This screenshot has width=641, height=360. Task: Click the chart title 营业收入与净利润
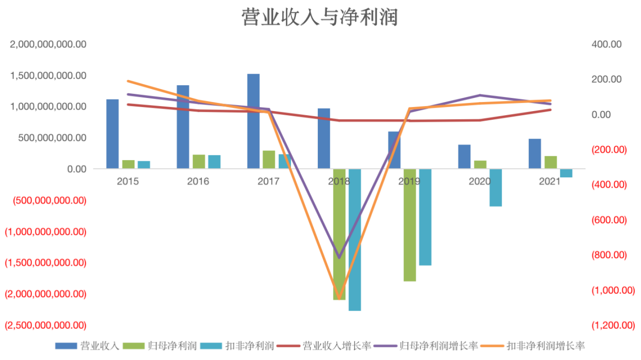pos(320,17)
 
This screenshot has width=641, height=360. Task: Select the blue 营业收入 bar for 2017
pos(253,121)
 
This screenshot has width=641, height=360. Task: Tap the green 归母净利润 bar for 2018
pos(339,234)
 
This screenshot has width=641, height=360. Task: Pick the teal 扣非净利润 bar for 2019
pos(425,217)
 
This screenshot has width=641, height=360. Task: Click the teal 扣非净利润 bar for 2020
pos(496,187)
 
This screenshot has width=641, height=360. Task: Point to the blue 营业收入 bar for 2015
pos(112,134)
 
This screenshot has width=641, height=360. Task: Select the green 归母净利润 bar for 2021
pos(551,162)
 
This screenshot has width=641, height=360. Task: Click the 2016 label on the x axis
pos(198,181)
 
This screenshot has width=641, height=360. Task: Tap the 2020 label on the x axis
pos(479,181)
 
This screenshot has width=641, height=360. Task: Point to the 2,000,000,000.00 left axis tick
pos(48,44)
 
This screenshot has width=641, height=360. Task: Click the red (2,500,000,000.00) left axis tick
pos(45,326)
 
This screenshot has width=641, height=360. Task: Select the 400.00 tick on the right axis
pos(606,44)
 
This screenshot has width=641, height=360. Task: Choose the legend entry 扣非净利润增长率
pos(546,346)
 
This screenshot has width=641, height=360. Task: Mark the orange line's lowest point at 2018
pos(339,298)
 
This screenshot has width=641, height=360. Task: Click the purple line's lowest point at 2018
pos(339,258)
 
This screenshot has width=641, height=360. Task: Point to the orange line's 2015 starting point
pos(128,81)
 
